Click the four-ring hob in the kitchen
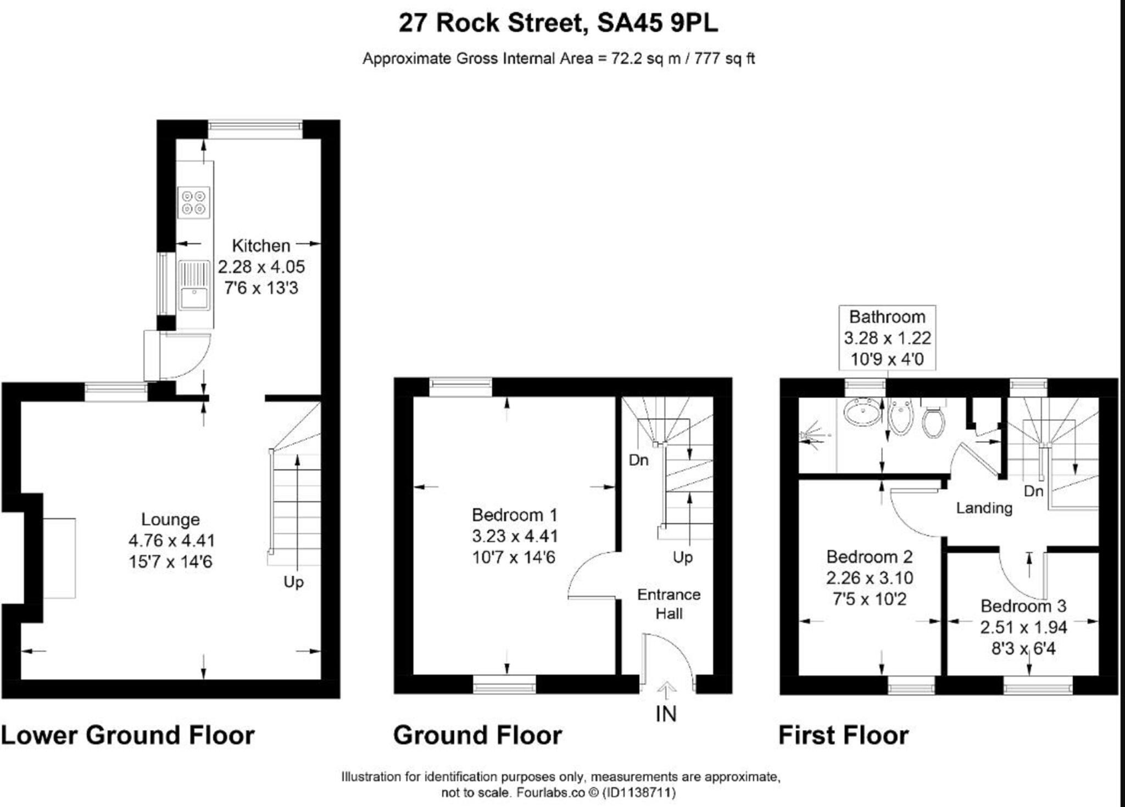click(194, 203)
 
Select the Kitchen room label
click(261, 246)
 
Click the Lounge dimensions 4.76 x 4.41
click(171, 541)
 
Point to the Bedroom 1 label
click(515, 515)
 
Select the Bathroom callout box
click(887, 338)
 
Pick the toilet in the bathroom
click(933, 422)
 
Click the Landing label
click(984, 508)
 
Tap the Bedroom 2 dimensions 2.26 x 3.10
click(870, 578)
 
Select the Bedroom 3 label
click(1023, 606)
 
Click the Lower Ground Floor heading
click(128, 735)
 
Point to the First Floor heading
click(844, 735)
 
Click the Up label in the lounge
click(293, 582)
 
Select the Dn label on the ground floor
click(638, 460)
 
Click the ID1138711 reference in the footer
click(639, 793)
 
